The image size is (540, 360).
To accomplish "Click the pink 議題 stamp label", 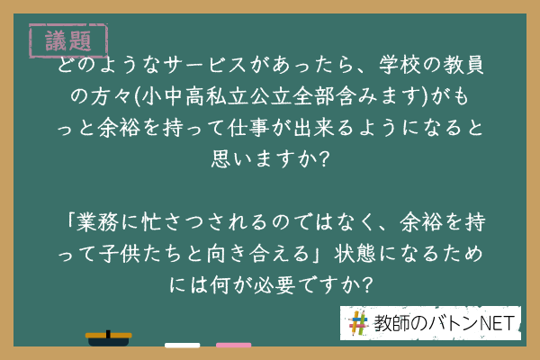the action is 68,41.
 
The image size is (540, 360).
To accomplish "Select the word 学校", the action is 400,65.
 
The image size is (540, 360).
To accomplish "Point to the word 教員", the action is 463,65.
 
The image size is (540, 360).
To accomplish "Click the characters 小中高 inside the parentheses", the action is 173,96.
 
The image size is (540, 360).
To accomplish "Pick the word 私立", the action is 228,96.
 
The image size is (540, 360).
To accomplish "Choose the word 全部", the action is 314,96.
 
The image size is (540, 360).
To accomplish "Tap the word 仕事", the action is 248,128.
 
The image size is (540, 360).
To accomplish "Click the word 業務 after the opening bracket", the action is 97,222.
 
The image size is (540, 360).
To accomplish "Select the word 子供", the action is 119,254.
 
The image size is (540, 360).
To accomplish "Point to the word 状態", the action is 355,254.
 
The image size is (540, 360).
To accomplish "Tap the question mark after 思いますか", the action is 323,159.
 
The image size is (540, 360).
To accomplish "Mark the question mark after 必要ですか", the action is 367,285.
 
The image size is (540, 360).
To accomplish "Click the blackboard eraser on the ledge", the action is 109,338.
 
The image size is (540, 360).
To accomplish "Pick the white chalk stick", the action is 182,346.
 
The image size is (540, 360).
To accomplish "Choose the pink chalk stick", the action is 233,346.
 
